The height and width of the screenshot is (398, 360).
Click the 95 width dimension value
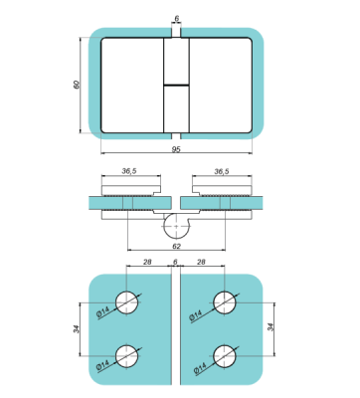(x=175, y=150)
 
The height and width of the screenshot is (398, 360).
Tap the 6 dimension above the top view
(x=176, y=18)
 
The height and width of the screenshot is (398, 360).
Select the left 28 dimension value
(x=148, y=262)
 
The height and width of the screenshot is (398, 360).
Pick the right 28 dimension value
(x=204, y=262)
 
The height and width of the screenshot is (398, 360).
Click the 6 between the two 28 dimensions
(x=176, y=262)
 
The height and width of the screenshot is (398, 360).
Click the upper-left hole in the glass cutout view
(x=127, y=301)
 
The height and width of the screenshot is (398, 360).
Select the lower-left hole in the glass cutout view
(x=127, y=354)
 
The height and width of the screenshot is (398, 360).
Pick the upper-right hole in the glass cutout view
(x=225, y=301)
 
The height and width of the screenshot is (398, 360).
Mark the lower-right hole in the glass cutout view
(x=225, y=354)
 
